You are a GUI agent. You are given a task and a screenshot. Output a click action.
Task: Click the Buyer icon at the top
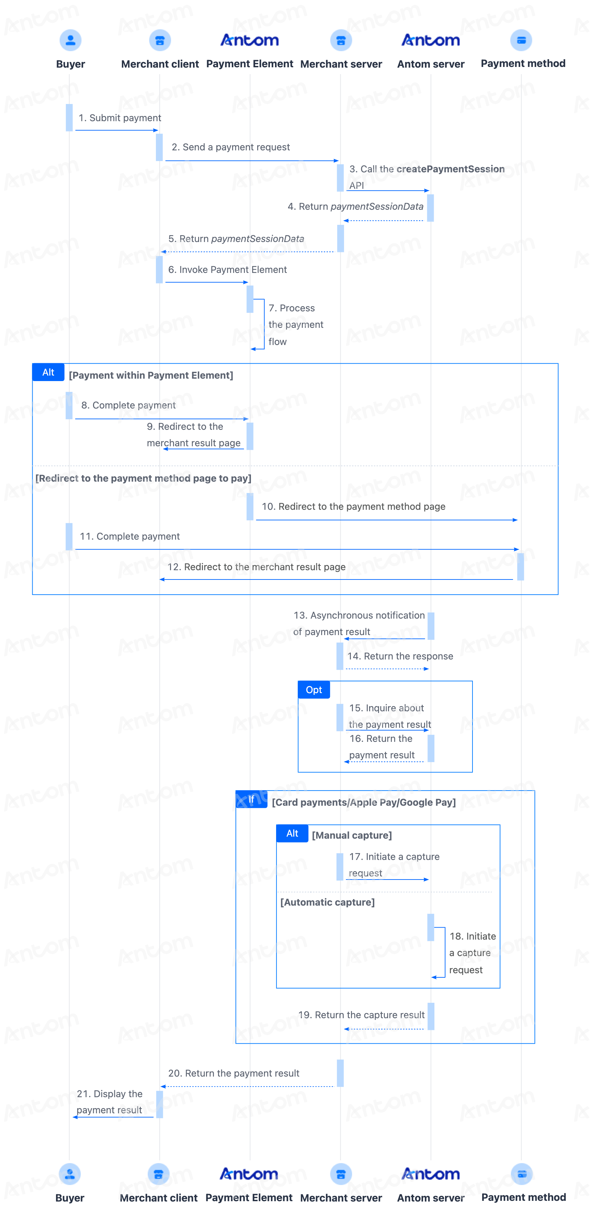[70, 40]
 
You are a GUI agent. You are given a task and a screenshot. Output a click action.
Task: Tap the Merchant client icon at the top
[160, 40]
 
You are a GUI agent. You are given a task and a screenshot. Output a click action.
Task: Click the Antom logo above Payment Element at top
[250, 40]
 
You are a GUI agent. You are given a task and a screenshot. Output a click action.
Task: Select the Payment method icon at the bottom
[522, 1174]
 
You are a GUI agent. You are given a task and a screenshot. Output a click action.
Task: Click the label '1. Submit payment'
[120, 118]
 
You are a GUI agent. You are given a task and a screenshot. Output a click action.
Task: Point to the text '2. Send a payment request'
[231, 147]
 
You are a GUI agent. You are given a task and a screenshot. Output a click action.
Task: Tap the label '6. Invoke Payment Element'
[228, 269]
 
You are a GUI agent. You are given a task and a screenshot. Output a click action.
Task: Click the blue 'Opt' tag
[314, 690]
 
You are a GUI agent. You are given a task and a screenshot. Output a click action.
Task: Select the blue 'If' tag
[251, 800]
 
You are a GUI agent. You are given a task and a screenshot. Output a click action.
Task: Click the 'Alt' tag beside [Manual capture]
[292, 834]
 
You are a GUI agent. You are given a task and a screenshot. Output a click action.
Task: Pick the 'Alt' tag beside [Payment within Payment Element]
[48, 372]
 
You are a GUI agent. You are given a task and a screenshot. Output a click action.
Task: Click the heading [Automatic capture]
[328, 902]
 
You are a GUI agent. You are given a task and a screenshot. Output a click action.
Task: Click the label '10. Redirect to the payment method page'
[353, 506]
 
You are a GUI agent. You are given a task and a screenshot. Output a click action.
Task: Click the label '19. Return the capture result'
[361, 1015]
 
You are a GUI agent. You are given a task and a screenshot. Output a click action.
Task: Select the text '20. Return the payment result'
[234, 1073]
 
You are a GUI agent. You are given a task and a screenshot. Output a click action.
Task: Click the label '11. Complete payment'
[130, 536]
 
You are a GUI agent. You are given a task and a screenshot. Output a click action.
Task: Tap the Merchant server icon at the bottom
[341, 1174]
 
